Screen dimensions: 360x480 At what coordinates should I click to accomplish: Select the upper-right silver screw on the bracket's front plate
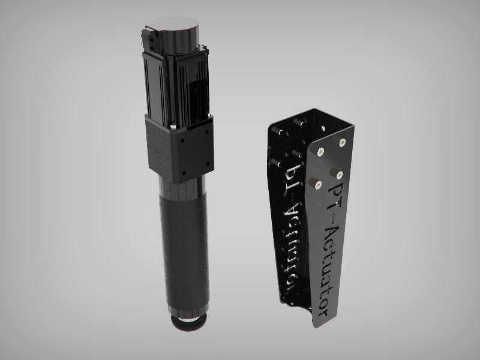pyautogui.click(x=342, y=142)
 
